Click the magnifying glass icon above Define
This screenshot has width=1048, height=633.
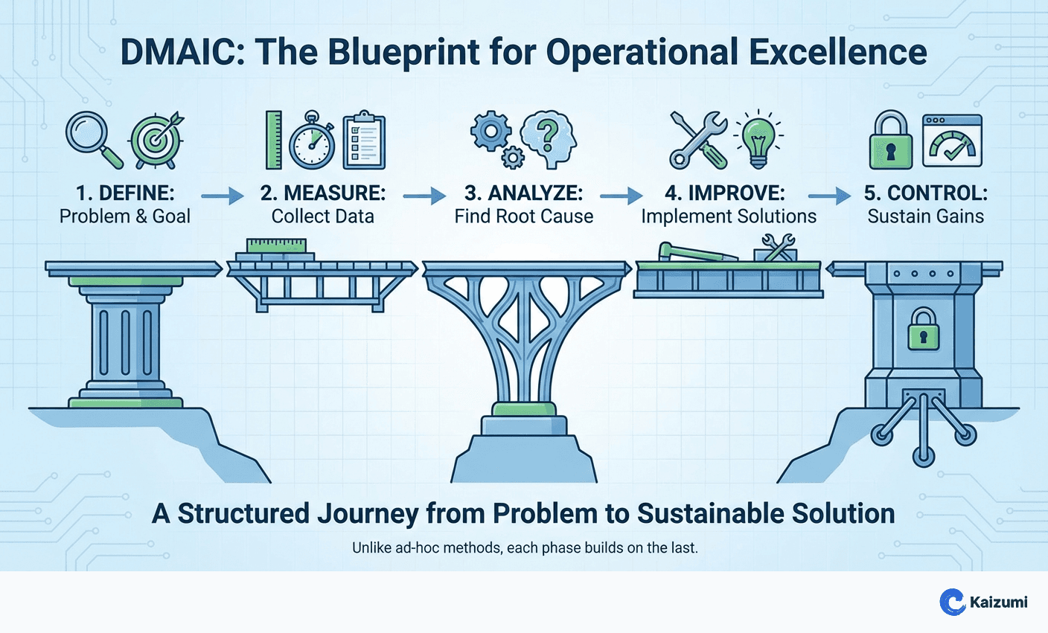pos(91,135)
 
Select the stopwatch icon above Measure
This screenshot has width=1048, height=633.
pos(311,141)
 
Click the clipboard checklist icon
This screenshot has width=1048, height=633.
pos(364,140)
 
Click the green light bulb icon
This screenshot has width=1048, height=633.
pos(758,139)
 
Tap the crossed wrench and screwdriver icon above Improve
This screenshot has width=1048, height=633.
pos(698,139)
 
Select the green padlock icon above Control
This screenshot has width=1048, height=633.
pos(890,141)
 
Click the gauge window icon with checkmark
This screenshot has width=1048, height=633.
pos(952,141)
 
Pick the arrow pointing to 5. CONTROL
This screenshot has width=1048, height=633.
pos(829,196)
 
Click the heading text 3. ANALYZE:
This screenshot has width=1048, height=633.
pos(523,193)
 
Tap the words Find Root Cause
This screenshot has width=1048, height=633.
pos(524,216)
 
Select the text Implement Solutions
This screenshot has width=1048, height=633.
pos(729,216)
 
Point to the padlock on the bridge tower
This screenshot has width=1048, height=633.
pos(923,330)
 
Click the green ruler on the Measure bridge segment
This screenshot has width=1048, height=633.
pos(276,245)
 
